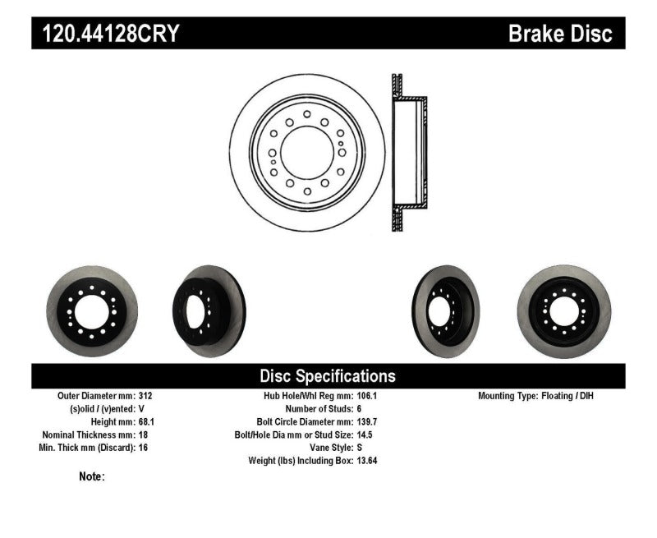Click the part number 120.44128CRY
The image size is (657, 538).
(106, 34)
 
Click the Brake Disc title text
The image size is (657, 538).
(560, 34)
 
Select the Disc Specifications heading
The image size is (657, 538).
(328, 376)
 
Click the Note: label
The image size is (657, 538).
(92, 476)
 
